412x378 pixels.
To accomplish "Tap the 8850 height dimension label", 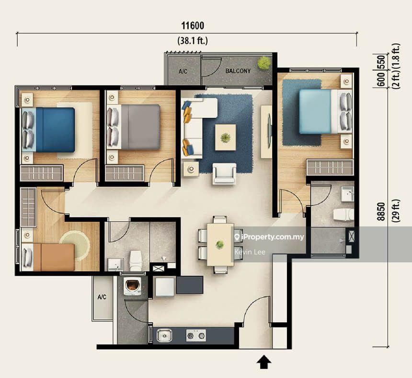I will coord(381,211).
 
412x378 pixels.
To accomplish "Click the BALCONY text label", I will coord(238,71).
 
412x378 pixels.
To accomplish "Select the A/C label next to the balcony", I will coord(183,71).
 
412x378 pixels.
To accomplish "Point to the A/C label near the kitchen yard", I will coord(102,297).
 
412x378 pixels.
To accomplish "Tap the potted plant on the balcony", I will coord(263,62).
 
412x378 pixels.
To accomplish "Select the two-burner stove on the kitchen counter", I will coord(196,335).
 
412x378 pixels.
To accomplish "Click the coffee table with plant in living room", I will coord(225,138).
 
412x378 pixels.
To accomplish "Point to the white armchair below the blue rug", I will coord(224,174).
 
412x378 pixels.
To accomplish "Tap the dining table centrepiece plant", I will coord(220,245).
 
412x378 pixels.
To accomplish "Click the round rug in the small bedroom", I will coord(75,243).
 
